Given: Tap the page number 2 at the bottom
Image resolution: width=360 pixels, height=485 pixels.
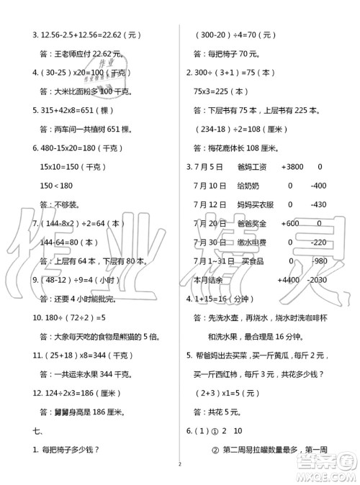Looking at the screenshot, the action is coord(176,474).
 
